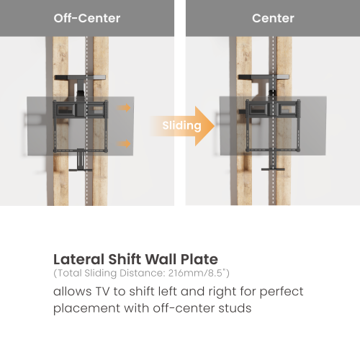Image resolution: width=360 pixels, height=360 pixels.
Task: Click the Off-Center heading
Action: [x=86, y=18]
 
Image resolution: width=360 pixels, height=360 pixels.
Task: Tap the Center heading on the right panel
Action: [x=273, y=18]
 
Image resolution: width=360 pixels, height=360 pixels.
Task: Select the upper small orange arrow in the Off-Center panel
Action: [x=125, y=109]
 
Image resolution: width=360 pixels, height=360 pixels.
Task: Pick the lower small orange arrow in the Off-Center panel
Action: [x=125, y=143]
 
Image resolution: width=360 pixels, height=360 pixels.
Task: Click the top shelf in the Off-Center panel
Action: [x=81, y=79]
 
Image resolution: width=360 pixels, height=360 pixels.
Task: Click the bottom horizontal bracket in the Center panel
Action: [x=271, y=169]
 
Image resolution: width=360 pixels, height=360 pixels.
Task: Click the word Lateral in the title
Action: [x=77, y=259]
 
